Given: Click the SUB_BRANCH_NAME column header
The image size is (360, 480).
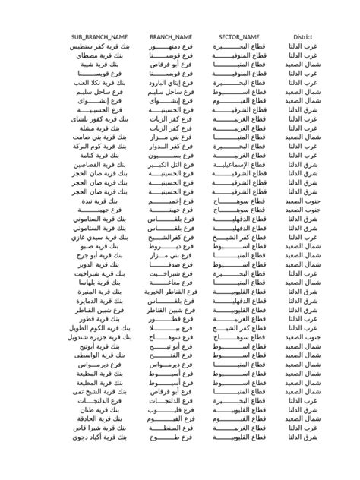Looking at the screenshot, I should point(99,37).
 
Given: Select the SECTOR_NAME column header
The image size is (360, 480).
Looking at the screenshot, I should point(239,37).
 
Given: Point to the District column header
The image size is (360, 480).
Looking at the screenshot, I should point(303,37).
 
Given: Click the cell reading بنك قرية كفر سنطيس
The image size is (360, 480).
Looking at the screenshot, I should point(100,47).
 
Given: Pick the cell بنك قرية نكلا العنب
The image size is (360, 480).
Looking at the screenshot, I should point(100,81).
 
